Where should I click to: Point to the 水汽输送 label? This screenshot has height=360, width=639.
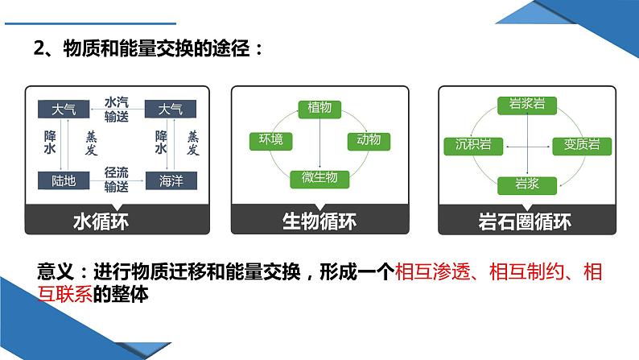(x=117, y=109)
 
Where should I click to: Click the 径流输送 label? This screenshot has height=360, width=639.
(x=117, y=179)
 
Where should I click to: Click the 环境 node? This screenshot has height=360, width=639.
(x=270, y=141)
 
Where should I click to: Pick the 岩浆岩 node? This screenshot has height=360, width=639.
(x=524, y=104)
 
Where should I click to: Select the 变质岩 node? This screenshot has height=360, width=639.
(x=576, y=145)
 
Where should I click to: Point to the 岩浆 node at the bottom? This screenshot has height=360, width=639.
(x=524, y=184)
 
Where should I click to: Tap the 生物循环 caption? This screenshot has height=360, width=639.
(x=319, y=220)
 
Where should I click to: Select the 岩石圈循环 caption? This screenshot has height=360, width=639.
(x=524, y=220)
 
